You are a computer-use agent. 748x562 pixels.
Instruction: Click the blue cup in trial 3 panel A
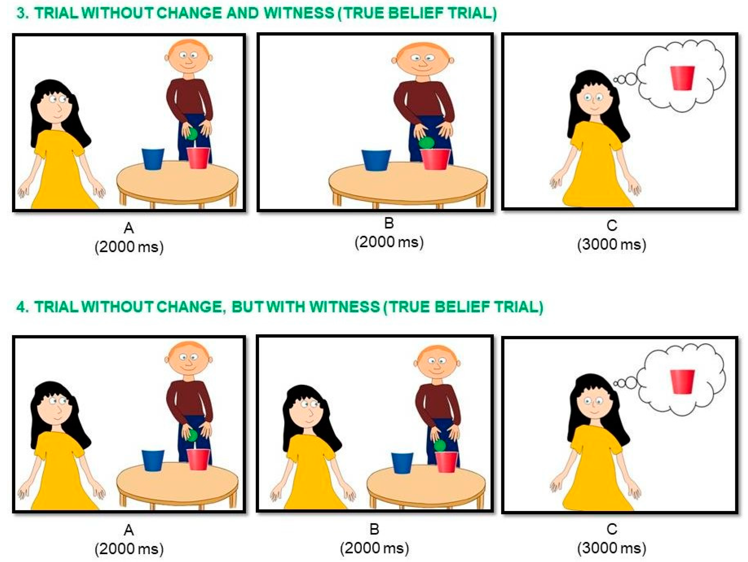(153, 159)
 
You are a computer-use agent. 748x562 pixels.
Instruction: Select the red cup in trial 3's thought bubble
(682, 78)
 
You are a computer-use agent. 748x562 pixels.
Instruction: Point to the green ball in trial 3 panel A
(192, 134)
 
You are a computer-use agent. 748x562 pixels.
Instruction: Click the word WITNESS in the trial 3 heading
(299, 14)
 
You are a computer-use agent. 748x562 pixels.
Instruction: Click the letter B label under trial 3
(389, 223)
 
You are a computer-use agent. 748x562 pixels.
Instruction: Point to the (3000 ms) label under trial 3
(612, 244)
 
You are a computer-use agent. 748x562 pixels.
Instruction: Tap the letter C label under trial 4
(612, 529)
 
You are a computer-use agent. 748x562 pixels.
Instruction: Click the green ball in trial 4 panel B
(440, 446)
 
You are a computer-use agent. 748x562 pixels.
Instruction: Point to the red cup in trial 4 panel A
(198, 459)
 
